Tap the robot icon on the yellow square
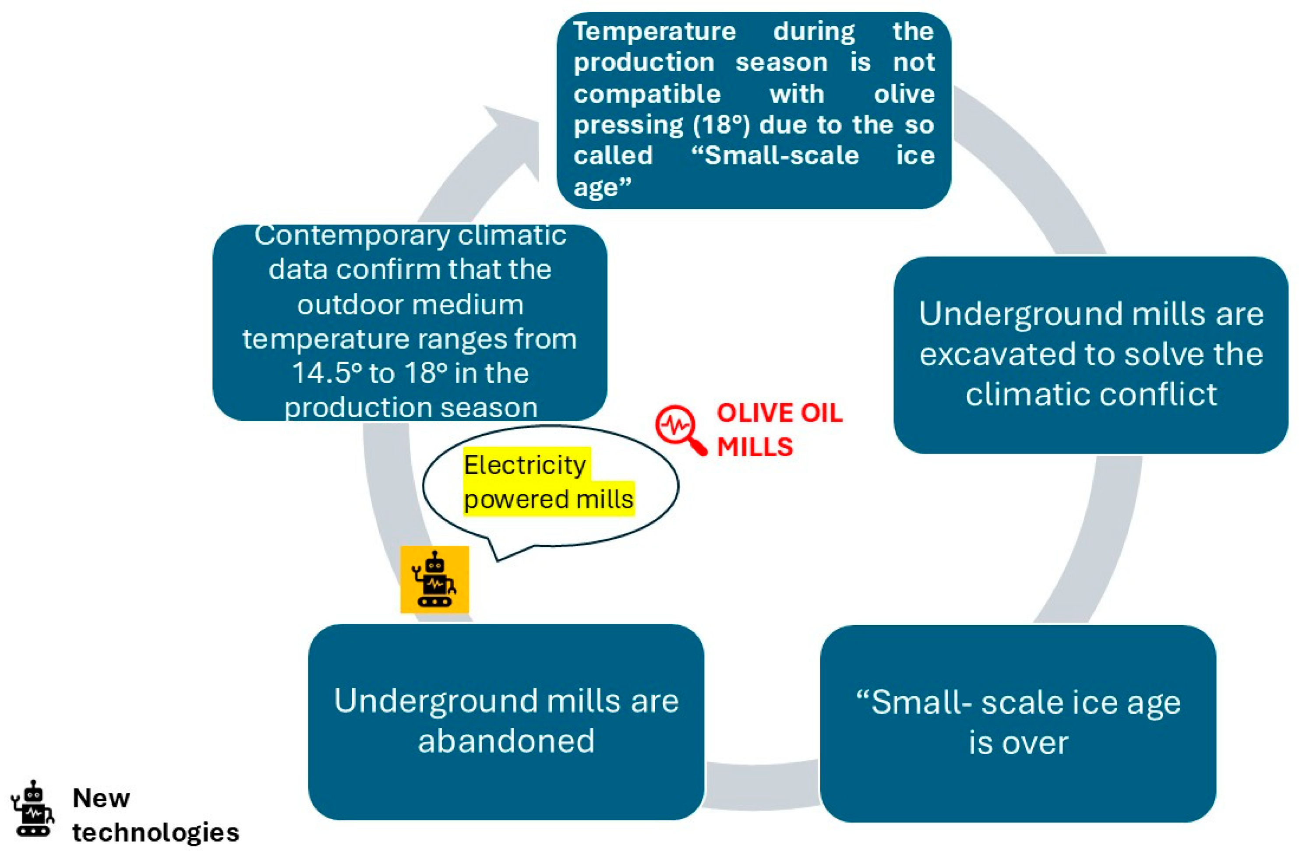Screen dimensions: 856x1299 click(434, 580)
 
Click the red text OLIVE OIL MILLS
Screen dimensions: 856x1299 click(779, 430)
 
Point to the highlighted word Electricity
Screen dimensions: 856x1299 click(525, 465)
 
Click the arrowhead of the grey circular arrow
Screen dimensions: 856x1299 click(513, 137)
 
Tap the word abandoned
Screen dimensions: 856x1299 click(506, 741)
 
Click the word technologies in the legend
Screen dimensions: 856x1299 click(155, 832)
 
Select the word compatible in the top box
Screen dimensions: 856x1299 click(647, 94)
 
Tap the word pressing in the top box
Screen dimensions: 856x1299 click(628, 125)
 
